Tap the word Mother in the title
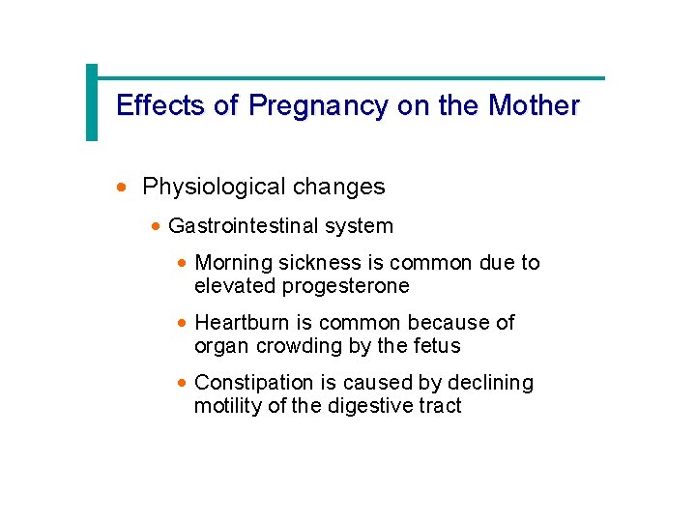pyautogui.click(x=535, y=105)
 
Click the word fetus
pyautogui.click(x=435, y=346)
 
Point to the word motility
pyautogui.click(x=228, y=406)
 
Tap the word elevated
pyautogui.click(x=235, y=286)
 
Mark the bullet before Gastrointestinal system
pyautogui.click(x=157, y=227)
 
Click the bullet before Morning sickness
pyautogui.click(x=182, y=264)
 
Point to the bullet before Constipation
pyautogui.click(x=182, y=384)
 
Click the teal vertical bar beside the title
pyautogui.click(x=92, y=102)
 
